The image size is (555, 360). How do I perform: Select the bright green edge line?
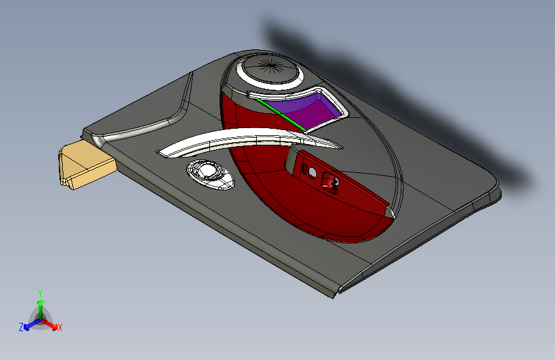(x=280, y=115)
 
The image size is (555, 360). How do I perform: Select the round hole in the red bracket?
(x=312, y=173)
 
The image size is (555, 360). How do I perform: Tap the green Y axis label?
(x=40, y=291)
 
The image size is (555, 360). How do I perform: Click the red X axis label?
(x=60, y=327)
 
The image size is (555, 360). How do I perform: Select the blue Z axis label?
(x=21, y=327)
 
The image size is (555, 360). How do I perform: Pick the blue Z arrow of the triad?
(x=29, y=323)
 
